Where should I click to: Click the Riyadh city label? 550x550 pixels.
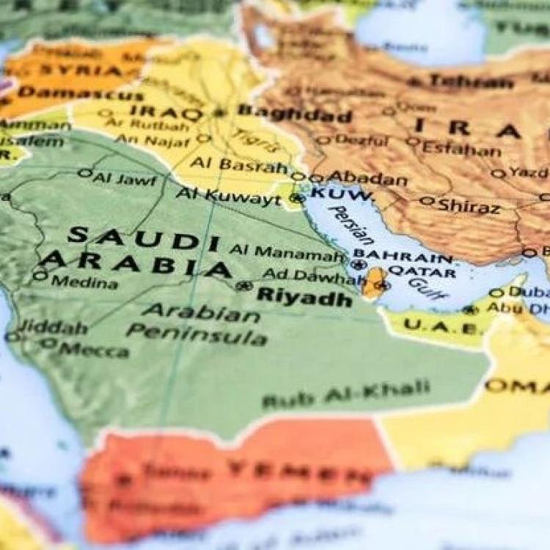(x=304, y=298)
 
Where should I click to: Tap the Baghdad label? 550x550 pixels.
(x=295, y=114)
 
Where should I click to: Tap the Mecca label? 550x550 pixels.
(x=94, y=350)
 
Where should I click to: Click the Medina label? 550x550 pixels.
(x=84, y=282)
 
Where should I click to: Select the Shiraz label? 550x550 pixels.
(x=469, y=206)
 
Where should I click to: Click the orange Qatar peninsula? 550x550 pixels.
(x=375, y=282)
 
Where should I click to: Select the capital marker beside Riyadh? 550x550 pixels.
(x=245, y=286)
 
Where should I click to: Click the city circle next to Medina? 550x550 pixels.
(x=40, y=276)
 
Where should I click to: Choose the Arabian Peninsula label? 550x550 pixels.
(x=198, y=325)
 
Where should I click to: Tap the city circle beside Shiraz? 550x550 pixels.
(x=427, y=200)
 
